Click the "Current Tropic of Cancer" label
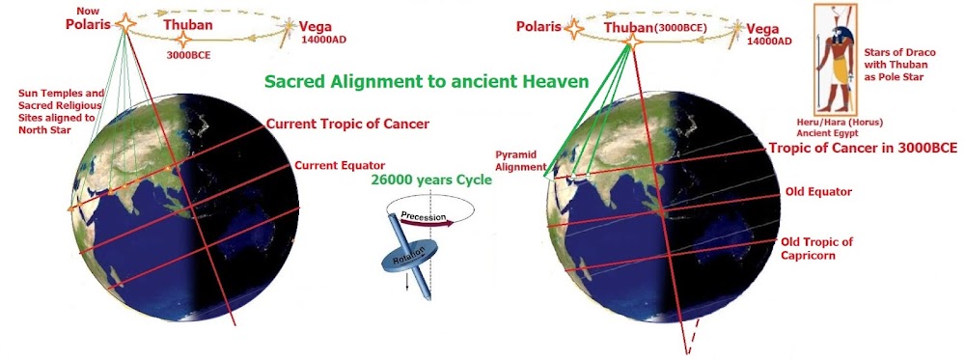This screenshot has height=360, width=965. coord(347,125)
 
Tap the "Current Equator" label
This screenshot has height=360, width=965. coord(340,166)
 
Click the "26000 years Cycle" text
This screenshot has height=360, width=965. coord(430,180)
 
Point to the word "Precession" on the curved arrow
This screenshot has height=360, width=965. coord(419,216)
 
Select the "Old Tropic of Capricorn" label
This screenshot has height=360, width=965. coord(816,248)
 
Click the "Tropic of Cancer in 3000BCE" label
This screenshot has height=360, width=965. coord(862,149)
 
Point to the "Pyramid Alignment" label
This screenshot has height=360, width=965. coord(521,161)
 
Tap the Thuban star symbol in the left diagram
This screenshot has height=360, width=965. coord(182,41)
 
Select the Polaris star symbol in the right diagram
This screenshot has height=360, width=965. coord(573,28)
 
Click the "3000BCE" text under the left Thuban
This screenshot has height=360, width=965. coord(189,53)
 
